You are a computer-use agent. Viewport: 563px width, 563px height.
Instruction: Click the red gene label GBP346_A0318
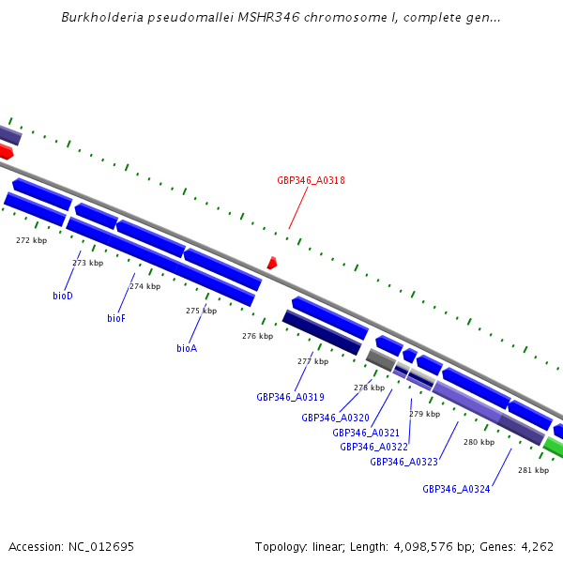311,180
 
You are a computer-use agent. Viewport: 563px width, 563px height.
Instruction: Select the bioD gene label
63,296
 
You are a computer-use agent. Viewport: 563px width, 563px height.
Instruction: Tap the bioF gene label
116,318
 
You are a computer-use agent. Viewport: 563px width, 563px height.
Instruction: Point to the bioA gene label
187,348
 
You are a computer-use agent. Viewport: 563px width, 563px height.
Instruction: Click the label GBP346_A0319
290,397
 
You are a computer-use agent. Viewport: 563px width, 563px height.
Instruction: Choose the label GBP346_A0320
335,418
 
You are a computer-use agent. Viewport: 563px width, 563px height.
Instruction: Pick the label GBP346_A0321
366,433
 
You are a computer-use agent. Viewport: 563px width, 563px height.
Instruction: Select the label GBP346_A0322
373,447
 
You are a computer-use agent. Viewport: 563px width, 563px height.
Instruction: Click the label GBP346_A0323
403,462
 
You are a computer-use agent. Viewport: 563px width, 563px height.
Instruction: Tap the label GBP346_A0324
456,489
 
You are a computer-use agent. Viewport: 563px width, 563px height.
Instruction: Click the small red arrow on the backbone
271,264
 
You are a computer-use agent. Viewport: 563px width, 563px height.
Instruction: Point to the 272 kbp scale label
32,240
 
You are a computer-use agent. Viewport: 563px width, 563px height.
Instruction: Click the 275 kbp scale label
201,311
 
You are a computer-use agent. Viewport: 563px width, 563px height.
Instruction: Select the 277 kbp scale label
312,361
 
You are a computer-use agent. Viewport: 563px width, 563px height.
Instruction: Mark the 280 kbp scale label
479,442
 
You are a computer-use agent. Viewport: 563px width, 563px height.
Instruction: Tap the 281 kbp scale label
533,470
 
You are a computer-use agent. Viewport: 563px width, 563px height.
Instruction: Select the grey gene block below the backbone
380,359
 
